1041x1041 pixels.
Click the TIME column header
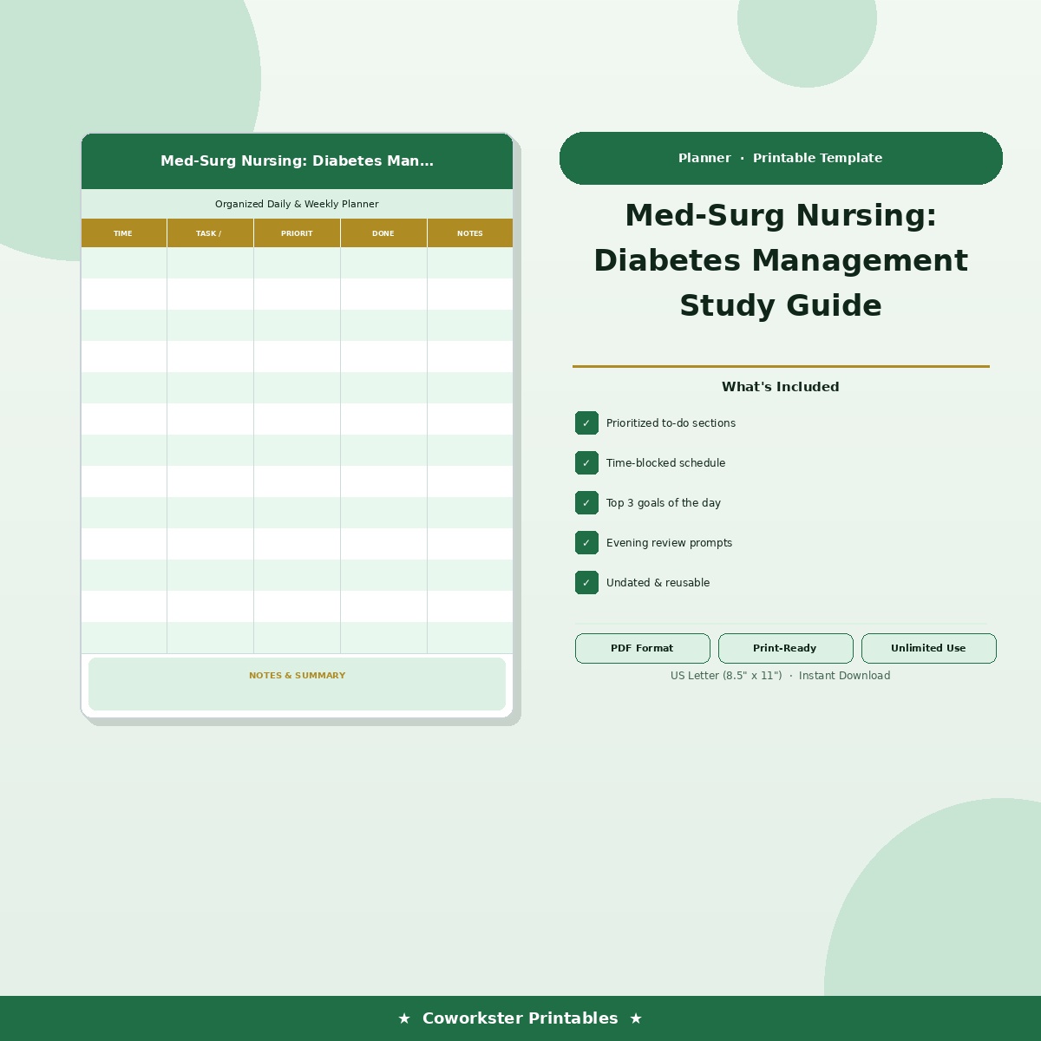[x=123, y=233]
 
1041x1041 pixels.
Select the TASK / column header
[x=209, y=233]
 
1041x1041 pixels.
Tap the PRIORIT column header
[x=297, y=233]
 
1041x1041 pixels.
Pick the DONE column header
[x=383, y=233]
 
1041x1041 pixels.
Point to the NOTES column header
[x=470, y=233]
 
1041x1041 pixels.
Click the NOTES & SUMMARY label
[x=297, y=676]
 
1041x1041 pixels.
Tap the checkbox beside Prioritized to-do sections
[x=586, y=423]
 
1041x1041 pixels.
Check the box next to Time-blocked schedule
[x=586, y=463]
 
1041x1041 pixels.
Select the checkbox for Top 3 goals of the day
[x=586, y=503]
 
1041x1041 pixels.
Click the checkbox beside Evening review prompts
[x=586, y=543]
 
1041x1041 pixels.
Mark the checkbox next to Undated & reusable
[x=586, y=583]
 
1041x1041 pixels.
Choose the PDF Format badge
[x=642, y=648]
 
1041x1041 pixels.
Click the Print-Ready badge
[x=785, y=648]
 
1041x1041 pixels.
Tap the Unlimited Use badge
[x=928, y=648]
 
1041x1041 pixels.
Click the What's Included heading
[x=780, y=387]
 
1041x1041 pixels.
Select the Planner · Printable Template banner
[x=781, y=158]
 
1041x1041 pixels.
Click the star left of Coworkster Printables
[x=404, y=1018]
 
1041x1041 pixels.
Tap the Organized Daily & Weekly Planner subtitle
[x=297, y=204]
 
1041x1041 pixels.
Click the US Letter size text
[x=725, y=676]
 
